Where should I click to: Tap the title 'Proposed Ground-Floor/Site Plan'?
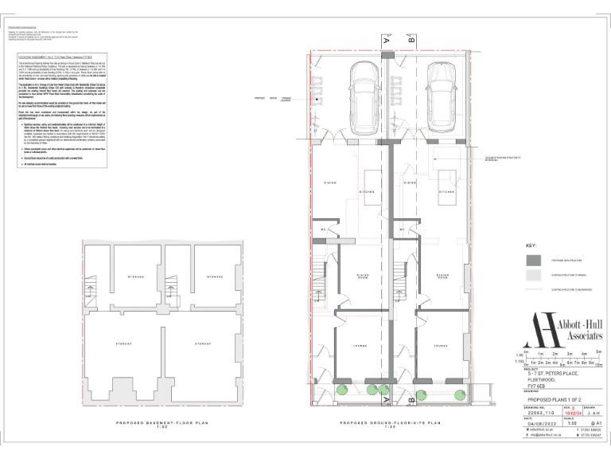click(389, 423)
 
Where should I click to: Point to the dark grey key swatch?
click(533, 260)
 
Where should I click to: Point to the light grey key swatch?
click(533, 275)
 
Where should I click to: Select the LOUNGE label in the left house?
click(360, 346)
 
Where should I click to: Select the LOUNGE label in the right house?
click(439, 346)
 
